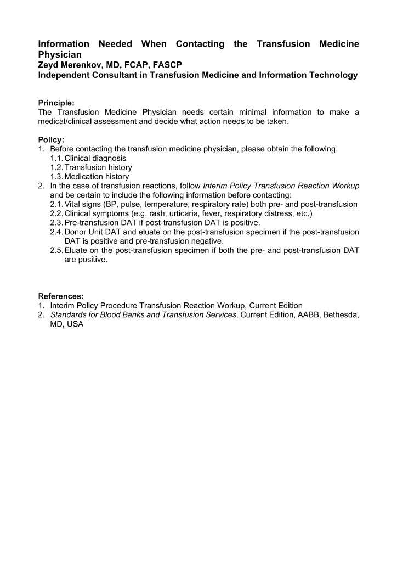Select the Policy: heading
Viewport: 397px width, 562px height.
click(51, 140)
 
